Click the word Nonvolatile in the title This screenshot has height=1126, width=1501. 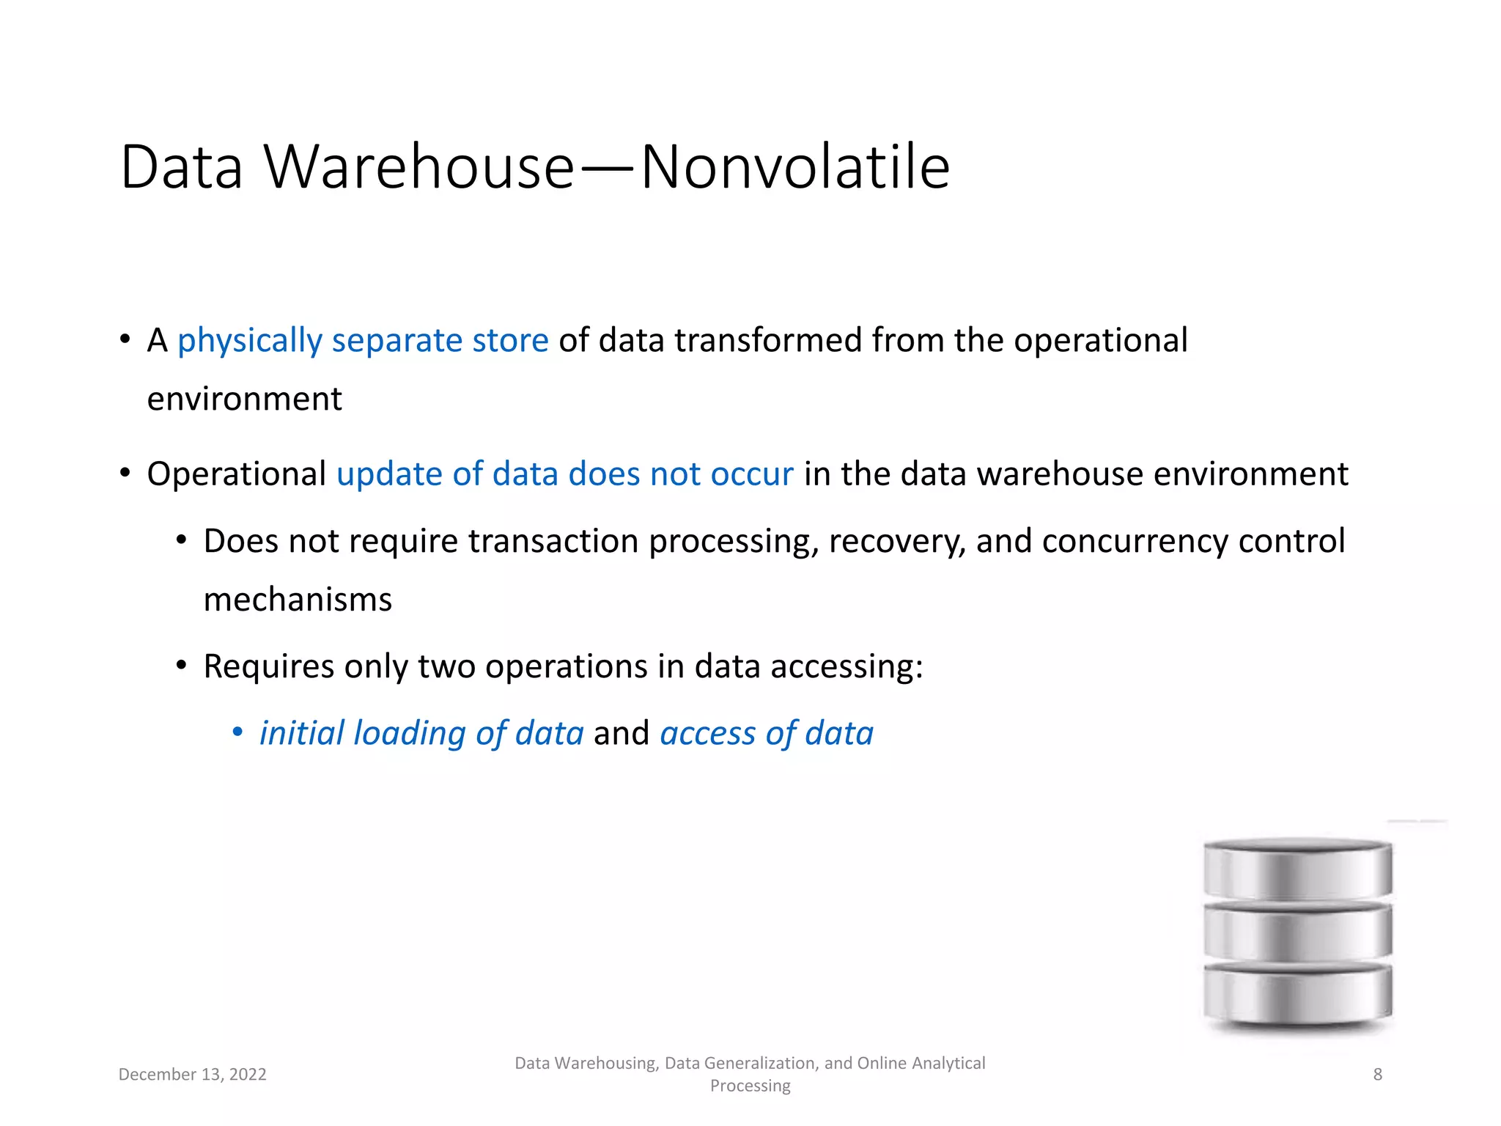click(795, 167)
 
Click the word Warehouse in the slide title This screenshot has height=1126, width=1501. click(419, 167)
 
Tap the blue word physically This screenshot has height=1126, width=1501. click(250, 341)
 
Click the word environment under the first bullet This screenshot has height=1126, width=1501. click(244, 400)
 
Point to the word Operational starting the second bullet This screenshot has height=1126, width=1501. click(237, 474)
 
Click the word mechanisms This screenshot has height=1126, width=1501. click(298, 600)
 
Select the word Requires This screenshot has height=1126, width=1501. click(269, 667)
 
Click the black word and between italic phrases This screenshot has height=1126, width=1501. click(622, 734)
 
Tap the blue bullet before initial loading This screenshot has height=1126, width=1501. click(237, 732)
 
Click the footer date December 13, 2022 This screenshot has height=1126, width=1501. click(192, 1075)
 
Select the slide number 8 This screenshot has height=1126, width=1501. click(1377, 1075)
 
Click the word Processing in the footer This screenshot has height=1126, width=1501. click(750, 1086)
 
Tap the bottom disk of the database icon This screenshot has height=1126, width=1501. click(1297, 996)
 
